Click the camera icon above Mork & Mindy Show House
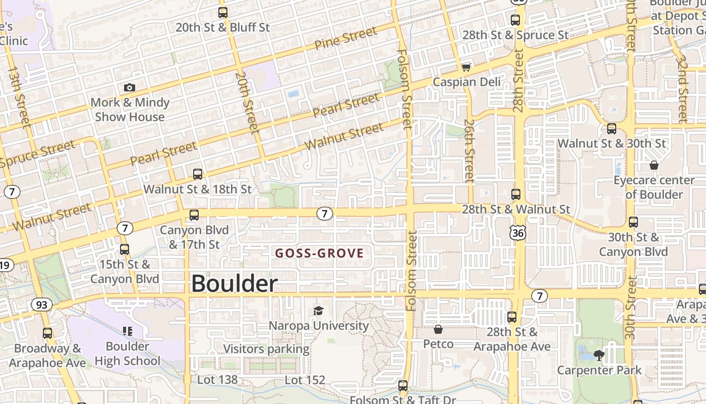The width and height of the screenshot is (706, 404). click(x=130, y=87)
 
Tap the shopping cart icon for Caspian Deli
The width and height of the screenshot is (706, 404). click(x=466, y=67)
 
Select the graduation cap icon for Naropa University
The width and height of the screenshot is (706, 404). click(x=318, y=310)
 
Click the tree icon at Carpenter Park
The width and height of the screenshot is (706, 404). click(x=599, y=355)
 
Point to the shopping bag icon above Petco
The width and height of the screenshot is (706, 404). click(x=438, y=329)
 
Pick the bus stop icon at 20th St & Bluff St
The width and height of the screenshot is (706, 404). click(x=222, y=13)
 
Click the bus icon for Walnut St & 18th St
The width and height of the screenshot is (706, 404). click(x=198, y=174)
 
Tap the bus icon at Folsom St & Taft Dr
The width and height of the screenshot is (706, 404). click(x=402, y=386)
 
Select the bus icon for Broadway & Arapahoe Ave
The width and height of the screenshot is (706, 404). click(x=47, y=333)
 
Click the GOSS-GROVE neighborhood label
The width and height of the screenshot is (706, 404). click(x=319, y=253)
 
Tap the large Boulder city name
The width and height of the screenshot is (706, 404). click(x=234, y=284)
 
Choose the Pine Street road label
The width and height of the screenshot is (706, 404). click(x=345, y=38)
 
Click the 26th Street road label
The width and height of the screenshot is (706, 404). click(x=469, y=150)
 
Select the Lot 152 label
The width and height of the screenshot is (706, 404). click(x=305, y=380)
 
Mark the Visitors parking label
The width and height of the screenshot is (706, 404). click(x=266, y=348)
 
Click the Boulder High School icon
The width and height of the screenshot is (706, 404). click(x=127, y=331)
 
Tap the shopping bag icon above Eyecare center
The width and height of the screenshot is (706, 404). click(x=654, y=165)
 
